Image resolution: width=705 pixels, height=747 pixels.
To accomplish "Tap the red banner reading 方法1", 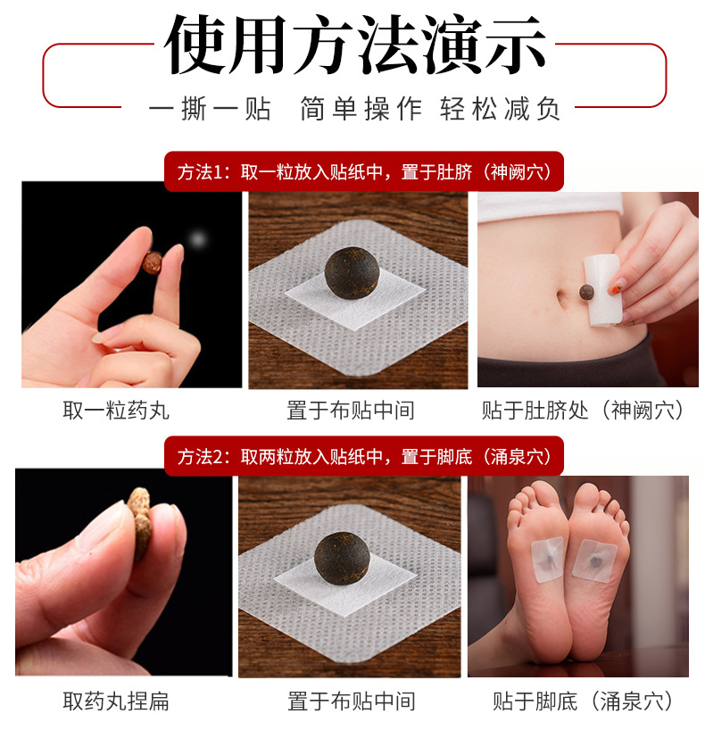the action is click(x=364, y=171).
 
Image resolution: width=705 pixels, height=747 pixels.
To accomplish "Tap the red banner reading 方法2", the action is click(x=364, y=456).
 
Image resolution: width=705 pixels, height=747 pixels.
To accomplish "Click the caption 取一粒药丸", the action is click(x=116, y=411).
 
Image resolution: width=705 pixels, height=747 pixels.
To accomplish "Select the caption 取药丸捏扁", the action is click(x=116, y=701).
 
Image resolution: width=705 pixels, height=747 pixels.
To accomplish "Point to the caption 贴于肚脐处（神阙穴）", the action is click(x=585, y=411).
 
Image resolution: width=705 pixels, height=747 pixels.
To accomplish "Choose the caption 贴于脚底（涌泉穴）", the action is click(x=585, y=701).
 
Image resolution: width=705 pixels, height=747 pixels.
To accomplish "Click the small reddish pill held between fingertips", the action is click(x=153, y=263).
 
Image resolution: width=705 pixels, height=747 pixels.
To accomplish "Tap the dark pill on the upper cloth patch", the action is click(x=352, y=272).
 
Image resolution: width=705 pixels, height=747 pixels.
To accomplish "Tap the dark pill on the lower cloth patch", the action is click(x=342, y=558).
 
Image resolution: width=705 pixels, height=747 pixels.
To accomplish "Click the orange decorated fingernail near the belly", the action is click(x=616, y=286).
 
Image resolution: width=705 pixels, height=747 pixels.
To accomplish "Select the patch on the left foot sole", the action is click(x=547, y=560).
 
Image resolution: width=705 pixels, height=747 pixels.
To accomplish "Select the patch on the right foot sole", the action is click(x=595, y=560).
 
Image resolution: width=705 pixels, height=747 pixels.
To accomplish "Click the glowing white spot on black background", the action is click(x=197, y=238).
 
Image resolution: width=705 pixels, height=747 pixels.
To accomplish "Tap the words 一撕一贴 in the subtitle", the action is click(x=210, y=109).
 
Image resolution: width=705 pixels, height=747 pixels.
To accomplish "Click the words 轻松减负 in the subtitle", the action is click(x=500, y=109).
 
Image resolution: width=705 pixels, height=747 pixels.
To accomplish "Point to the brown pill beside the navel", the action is click(x=586, y=292).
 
